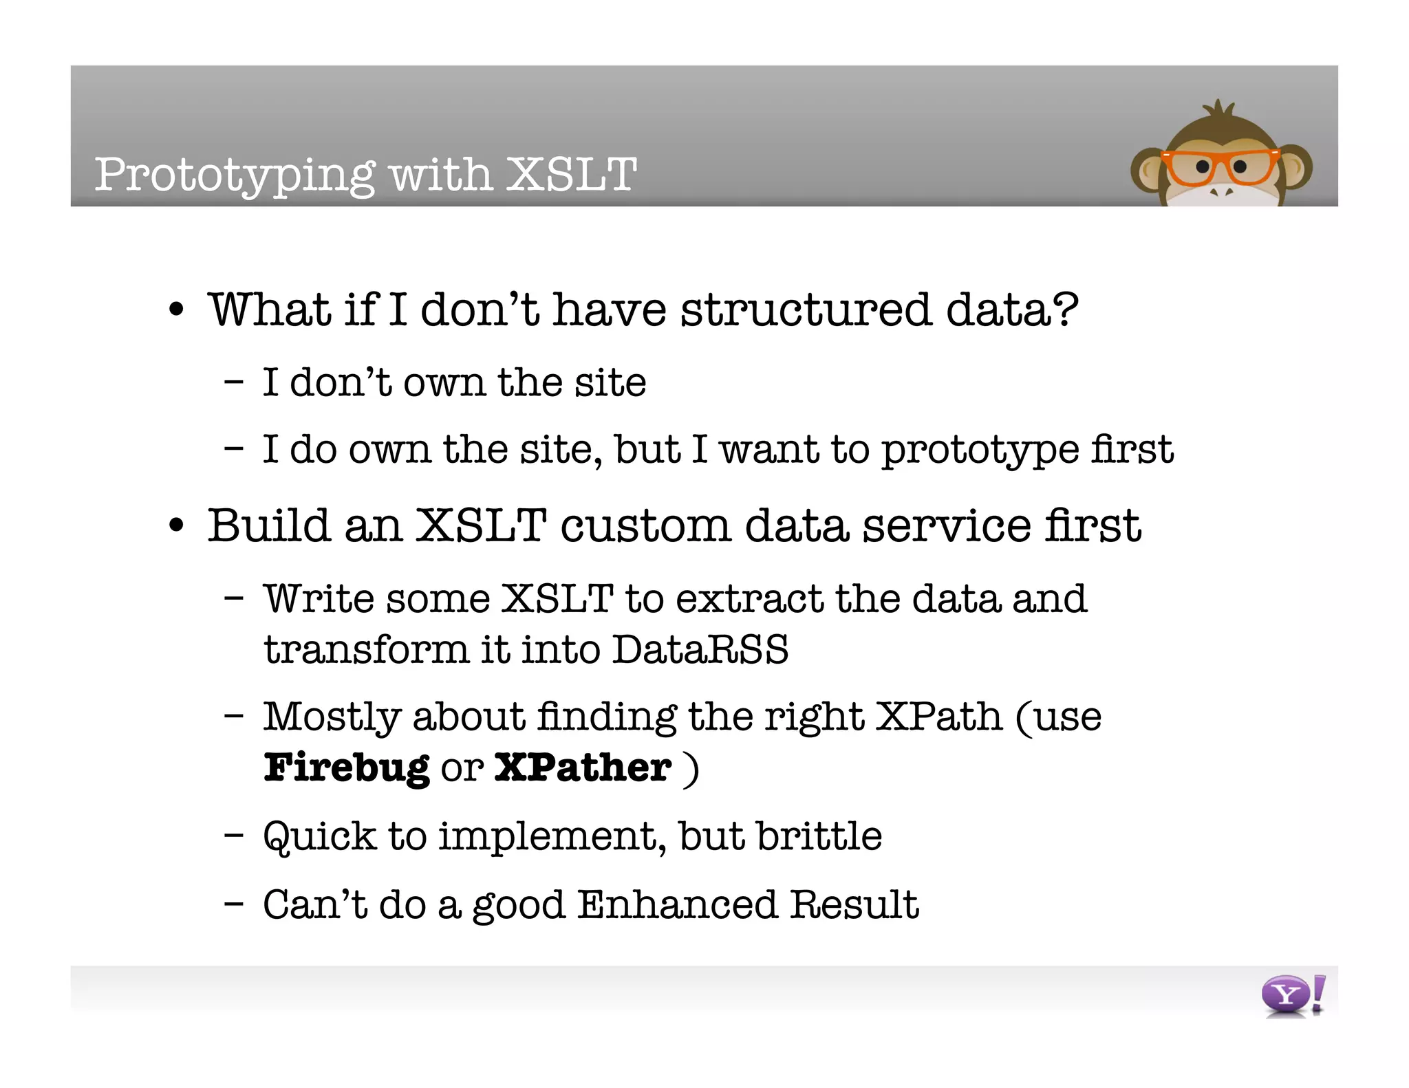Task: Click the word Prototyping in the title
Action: [235, 175]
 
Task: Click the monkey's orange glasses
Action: [1219, 166]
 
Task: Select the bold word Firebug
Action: [346, 768]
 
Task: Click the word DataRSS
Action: [700, 649]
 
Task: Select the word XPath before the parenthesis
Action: [938, 717]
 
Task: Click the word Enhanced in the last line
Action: [677, 904]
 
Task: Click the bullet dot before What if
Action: [177, 311]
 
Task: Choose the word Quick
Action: [320, 837]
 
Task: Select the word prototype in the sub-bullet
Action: [980, 450]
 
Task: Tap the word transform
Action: [365, 649]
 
